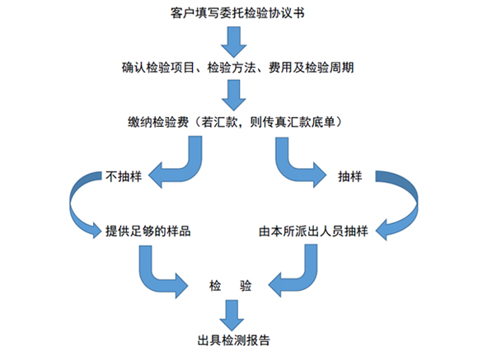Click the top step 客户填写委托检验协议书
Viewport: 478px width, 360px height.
(x=237, y=13)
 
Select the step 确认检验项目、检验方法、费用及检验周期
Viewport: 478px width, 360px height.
(x=238, y=68)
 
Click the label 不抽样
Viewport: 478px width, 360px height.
(x=124, y=176)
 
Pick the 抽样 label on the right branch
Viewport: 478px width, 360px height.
(x=350, y=176)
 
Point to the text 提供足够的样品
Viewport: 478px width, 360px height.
(x=148, y=231)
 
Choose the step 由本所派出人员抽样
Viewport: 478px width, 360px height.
(x=313, y=231)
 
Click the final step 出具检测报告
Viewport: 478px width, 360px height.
(x=234, y=340)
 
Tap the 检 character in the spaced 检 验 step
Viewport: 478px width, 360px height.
(x=215, y=286)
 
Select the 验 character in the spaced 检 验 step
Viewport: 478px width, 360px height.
(x=246, y=286)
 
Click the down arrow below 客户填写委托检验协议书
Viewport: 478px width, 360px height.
(x=234, y=42)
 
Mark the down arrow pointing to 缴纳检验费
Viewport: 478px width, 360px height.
(x=234, y=95)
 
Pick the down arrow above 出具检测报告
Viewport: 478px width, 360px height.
(x=232, y=316)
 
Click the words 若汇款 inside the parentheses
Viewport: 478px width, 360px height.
(x=219, y=122)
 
